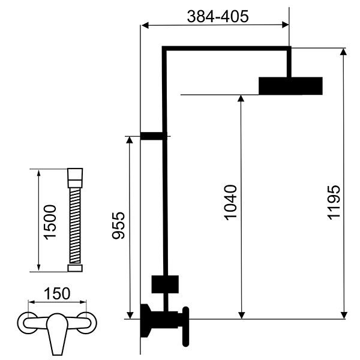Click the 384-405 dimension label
tap(218, 16)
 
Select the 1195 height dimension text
tap(334, 202)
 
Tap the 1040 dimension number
tap(230, 202)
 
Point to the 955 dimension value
tap(118, 226)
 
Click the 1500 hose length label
tap(50, 222)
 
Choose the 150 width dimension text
tap(57, 293)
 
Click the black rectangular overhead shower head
tap(290, 86)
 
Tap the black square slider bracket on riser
tap(165, 284)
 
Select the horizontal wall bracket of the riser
tap(154, 136)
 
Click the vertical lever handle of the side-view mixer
tap(185, 326)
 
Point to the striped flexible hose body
tap(75, 226)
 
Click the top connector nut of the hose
tap(75, 178)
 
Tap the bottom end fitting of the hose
tap(75, 268)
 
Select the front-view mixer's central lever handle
tap(57, 333)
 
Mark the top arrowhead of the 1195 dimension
tap(343, 52)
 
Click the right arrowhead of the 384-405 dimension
tap(285, 25)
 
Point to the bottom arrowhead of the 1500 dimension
tap(38, 268)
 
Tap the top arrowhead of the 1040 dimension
tap(241, 98)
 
